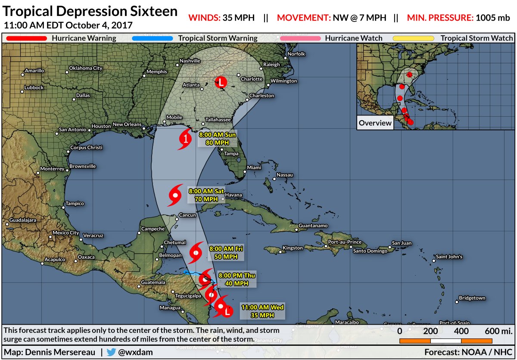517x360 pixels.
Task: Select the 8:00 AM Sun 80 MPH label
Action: coord(217,139)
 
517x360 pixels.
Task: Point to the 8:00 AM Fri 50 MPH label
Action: coord(226,252)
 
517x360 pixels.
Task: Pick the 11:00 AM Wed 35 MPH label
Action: coord(262,311)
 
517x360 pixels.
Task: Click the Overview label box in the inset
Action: coord(375,123)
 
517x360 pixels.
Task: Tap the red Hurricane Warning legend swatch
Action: coord(26,38)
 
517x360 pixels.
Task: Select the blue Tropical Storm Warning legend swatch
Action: coord(152,38)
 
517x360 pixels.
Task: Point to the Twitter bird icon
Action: coord(111,352)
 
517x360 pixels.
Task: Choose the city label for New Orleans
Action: coord(127,124)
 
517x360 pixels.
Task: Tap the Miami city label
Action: coord(254,167)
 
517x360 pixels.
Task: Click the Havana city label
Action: coord(233,195)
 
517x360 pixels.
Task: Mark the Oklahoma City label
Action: coord(86,68)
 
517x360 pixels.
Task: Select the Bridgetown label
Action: coord(472,298)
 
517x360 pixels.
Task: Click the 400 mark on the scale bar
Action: coord(461,331)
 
